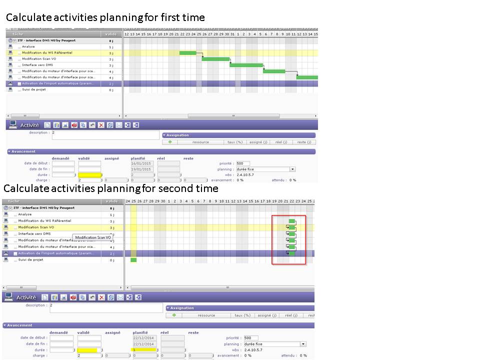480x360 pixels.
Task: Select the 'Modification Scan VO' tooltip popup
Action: click(93, 237)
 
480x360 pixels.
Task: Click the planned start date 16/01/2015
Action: click(142, 163)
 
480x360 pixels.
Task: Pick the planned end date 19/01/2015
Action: click(142, 169)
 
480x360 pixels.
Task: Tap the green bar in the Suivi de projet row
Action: click(133, 260)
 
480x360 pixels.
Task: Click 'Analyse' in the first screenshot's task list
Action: click(28, 46)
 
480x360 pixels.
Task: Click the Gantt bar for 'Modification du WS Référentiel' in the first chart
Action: click(188, 52)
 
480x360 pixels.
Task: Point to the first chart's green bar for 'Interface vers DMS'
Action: click(246, 65)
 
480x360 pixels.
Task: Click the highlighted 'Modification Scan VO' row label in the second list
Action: click(36, 227)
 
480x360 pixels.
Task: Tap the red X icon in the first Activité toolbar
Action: click(101, 125)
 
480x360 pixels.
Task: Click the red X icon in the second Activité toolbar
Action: click(102, 297)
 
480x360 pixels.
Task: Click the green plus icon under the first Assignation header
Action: click(170, 142)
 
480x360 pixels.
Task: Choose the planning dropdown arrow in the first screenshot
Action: click(292, 169)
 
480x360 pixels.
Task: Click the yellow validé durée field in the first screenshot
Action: click(89, 175)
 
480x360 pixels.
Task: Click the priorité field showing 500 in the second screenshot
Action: click(251, 338)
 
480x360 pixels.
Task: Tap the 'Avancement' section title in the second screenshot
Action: click(20, 325)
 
